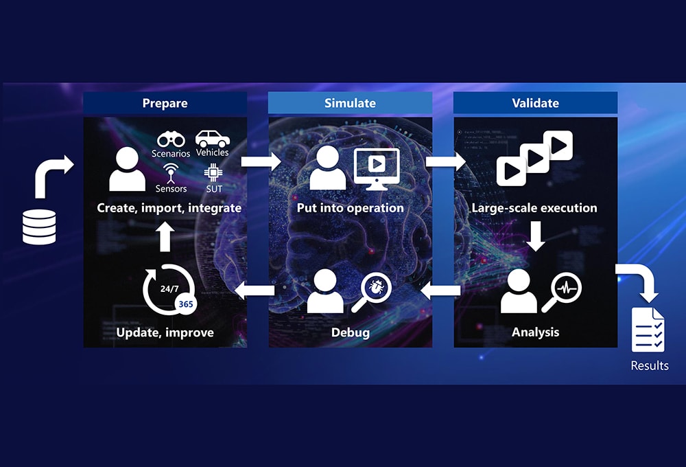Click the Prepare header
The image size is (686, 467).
[x=165, y=103]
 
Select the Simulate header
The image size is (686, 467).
[x=350, y=103]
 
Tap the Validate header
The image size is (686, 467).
[x=535, y=103]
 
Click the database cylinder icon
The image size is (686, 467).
[x=39, y=228]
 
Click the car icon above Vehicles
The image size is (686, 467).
[x=212, y=138]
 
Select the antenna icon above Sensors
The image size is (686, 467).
[x=170, y=172]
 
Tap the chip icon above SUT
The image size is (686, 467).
[x=212, y=172]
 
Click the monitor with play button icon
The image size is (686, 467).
[x=376, y=168]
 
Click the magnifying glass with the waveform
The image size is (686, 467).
[x=563, y=292]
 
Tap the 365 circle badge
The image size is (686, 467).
[x=185, y=304]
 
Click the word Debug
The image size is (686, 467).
[x=350, y=332]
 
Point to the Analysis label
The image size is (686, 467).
[x=535, y=332]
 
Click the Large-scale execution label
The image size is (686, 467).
[x=534, y=207]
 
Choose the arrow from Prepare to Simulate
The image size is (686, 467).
[x=261, y=161]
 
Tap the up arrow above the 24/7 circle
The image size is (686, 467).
[x=165, y=237]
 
